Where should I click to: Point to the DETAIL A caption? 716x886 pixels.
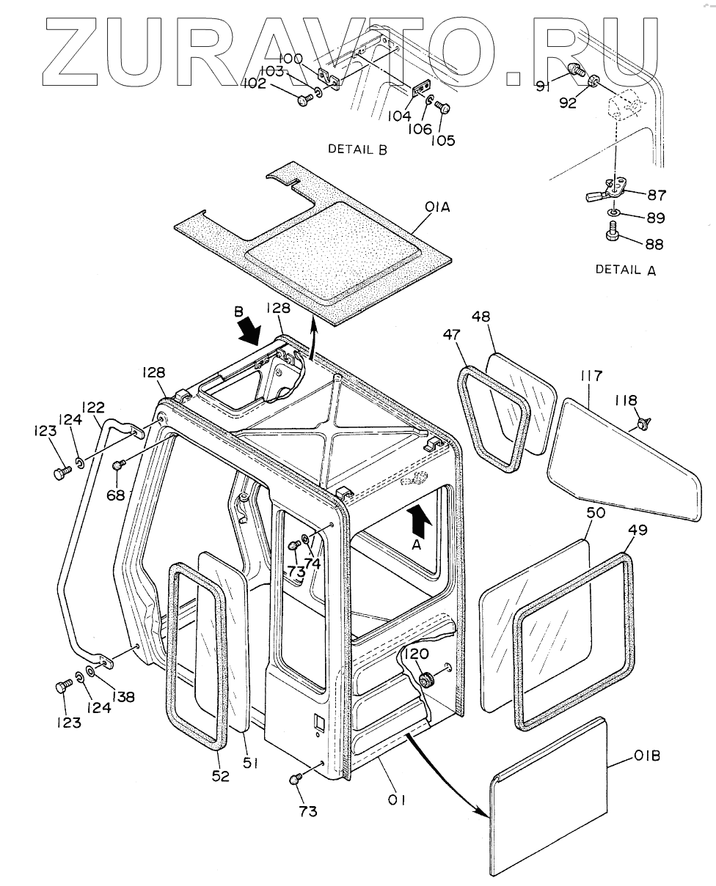click(626, 270)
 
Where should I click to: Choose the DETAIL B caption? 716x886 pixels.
click(357, 149)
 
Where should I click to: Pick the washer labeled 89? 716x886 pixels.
click(614, 214)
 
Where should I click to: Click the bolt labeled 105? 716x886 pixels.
click(442, 108)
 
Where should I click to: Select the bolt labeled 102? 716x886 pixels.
click(304, 99)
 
